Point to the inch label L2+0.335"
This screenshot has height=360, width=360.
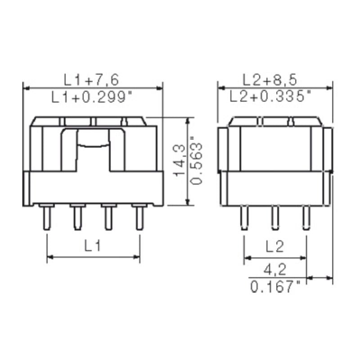click(270, 96)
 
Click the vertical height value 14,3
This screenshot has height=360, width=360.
click(180, 161)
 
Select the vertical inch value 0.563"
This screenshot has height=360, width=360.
click(196, 161)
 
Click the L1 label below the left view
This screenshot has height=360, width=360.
click(93, 246)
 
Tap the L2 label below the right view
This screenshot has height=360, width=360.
click(274, 247)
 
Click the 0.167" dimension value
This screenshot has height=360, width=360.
click(275, 286)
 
